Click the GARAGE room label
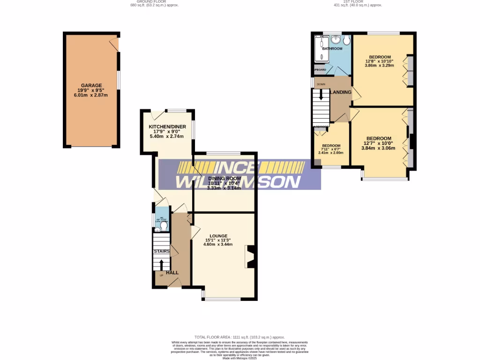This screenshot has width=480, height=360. click(91, 85)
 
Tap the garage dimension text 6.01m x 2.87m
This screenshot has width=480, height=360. click(91, 95)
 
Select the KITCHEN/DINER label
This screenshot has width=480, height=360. click(167, 127)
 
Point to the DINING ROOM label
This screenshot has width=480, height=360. click(225, 179)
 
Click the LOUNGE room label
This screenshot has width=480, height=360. click(218, 236)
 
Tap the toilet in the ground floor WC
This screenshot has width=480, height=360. click(163, 227)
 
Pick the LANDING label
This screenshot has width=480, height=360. click(341, 92)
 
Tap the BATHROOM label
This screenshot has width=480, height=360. click(332, 49)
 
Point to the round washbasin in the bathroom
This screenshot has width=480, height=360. click(336, 39)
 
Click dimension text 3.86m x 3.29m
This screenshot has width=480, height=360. click(380, 66)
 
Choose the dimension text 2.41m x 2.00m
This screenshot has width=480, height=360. click(331, 152)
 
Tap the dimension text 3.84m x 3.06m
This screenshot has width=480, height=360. click(378, 148)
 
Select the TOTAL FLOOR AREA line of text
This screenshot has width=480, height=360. click(240, 337)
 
